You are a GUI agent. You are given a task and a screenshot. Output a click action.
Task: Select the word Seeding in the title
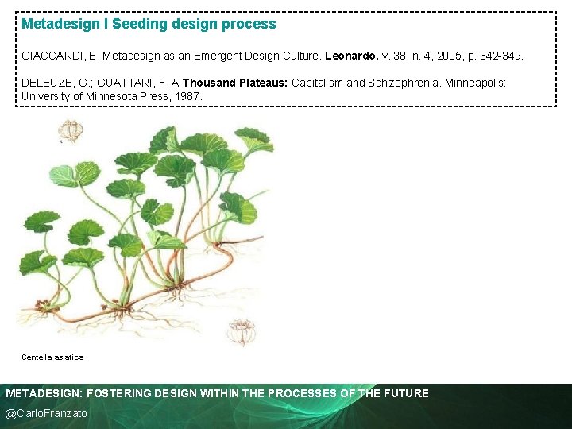pyautogui.click(x=137, y=24)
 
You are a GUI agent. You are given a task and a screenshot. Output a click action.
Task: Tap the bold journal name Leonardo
pyautogui.click(x=354, y=57)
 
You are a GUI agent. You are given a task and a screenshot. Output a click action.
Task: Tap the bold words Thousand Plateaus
pyautogui.click(x=235, y=83)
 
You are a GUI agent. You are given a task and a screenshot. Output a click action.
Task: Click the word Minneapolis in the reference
pyautogui.click(x=480, y=83)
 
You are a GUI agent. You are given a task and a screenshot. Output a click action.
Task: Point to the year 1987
pyautogui.click(x=188, y=96)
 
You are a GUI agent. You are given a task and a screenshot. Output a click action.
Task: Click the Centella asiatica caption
pyautogui.click(x=52, y=357)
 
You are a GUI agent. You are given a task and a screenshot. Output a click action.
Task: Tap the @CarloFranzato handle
pyautogui.click(x=46, y=413)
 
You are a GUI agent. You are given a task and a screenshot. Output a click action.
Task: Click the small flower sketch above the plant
pyautogui.click(x=71, y=129)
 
